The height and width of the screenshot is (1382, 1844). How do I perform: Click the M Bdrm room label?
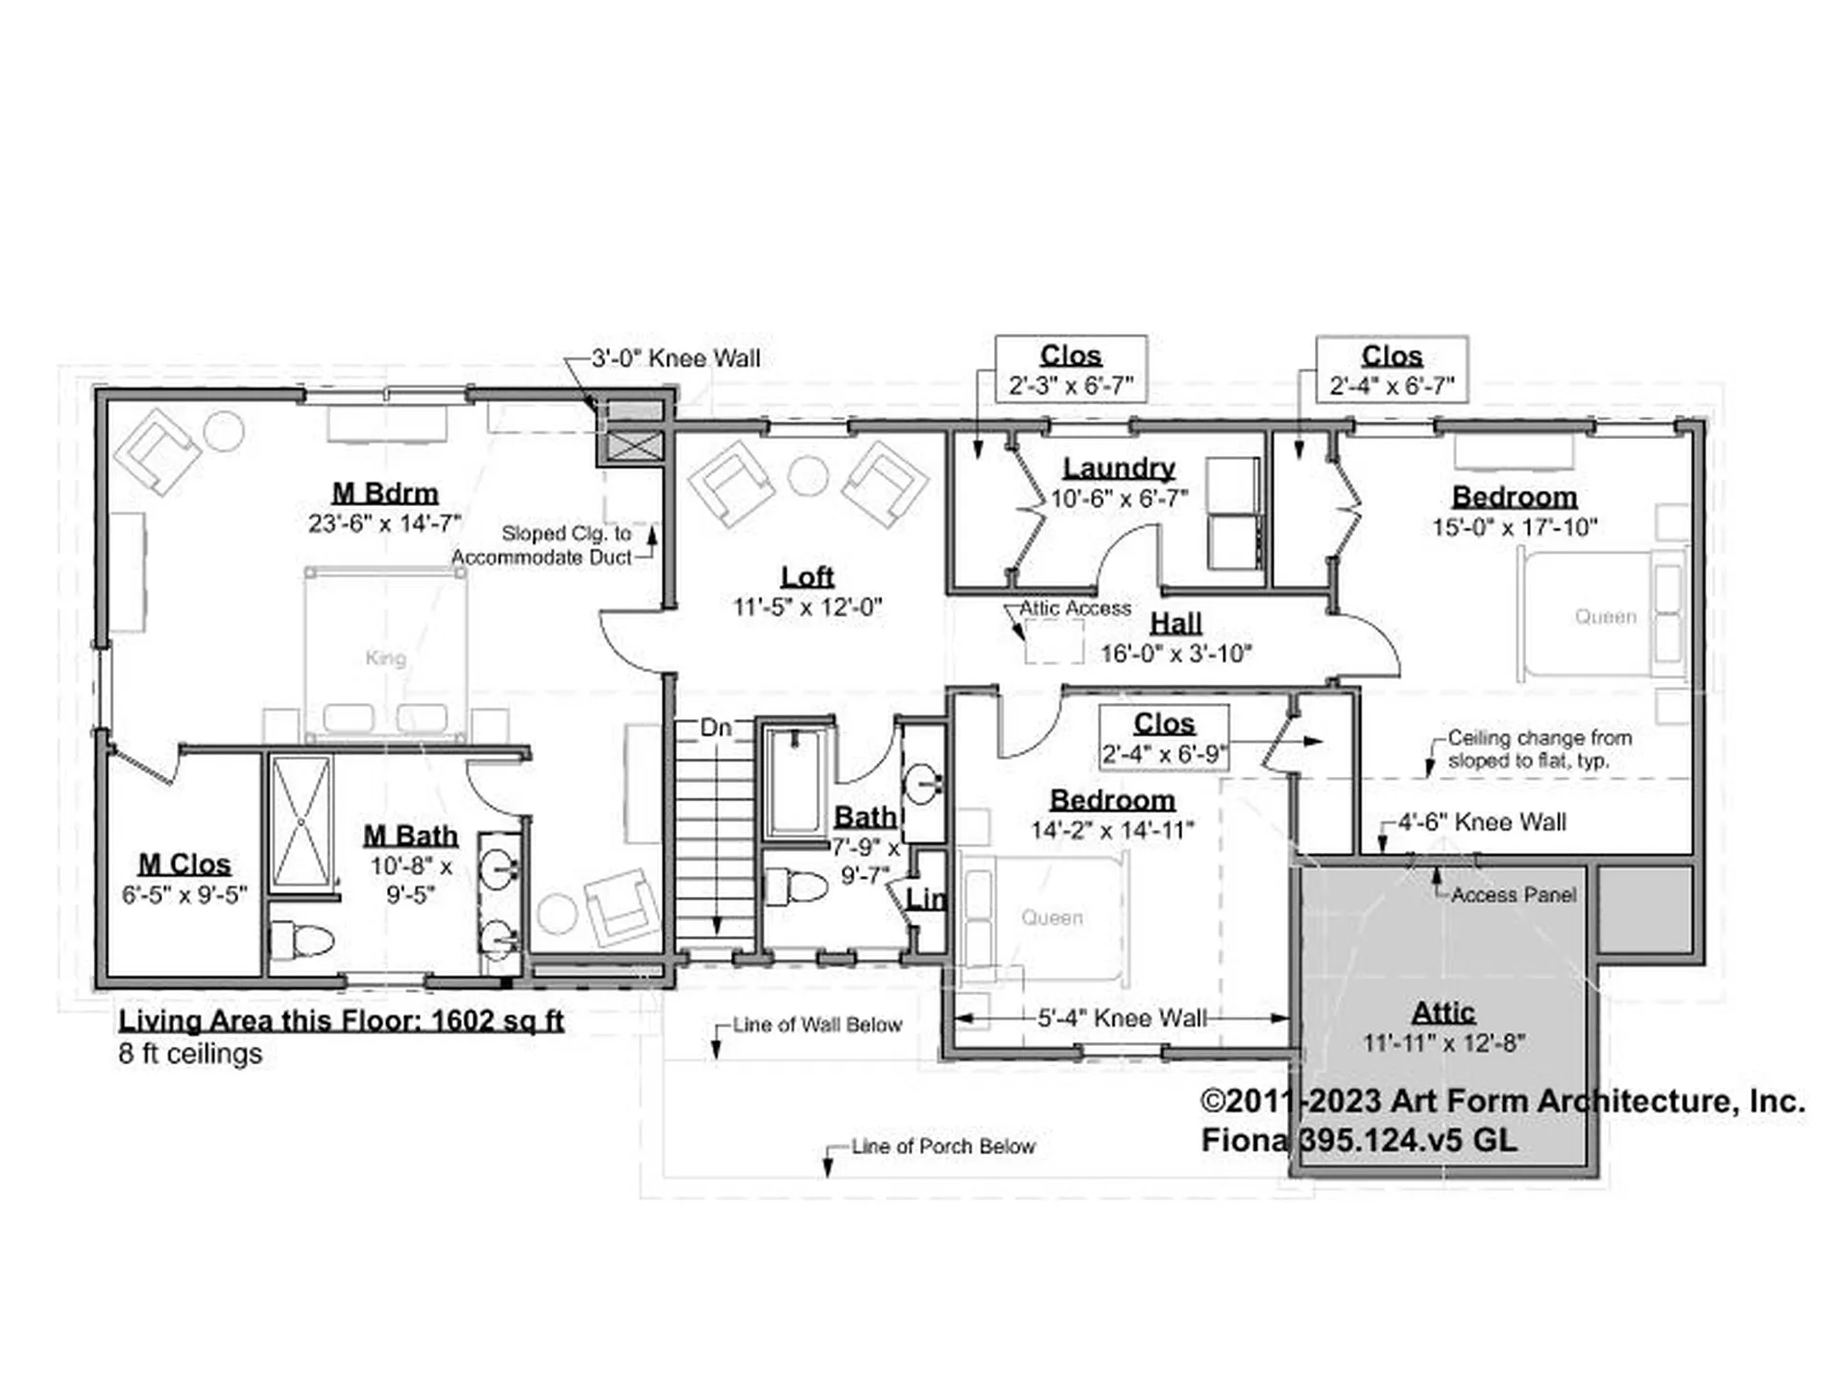tap(384, 494)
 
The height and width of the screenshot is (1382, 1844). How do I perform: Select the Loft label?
tap(807, 576)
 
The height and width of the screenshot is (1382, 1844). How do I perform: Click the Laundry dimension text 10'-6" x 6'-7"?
tap(1119, 499)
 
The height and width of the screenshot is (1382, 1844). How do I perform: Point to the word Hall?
tap(1176, 622)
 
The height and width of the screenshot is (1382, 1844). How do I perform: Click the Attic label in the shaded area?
tap(1443, 1012)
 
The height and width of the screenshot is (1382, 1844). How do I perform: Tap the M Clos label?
tap(184, 864)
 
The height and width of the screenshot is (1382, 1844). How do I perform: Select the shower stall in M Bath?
tap(301, 824)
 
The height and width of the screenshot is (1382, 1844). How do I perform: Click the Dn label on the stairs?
tap(716, 728)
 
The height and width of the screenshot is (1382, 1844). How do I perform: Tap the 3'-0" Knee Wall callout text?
tap(675, 359)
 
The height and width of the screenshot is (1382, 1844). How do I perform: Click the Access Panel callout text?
tap(1514, 895)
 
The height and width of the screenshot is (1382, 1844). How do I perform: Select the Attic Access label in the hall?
tap(1075, 608)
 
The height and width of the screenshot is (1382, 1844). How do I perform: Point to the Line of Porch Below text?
tap(942, 1146)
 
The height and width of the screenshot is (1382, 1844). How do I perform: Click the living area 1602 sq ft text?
tap(341, 1020)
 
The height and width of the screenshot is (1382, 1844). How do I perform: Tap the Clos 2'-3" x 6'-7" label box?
tap(1070, 370)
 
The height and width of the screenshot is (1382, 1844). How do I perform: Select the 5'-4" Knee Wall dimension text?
tap(1122, 1018)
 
